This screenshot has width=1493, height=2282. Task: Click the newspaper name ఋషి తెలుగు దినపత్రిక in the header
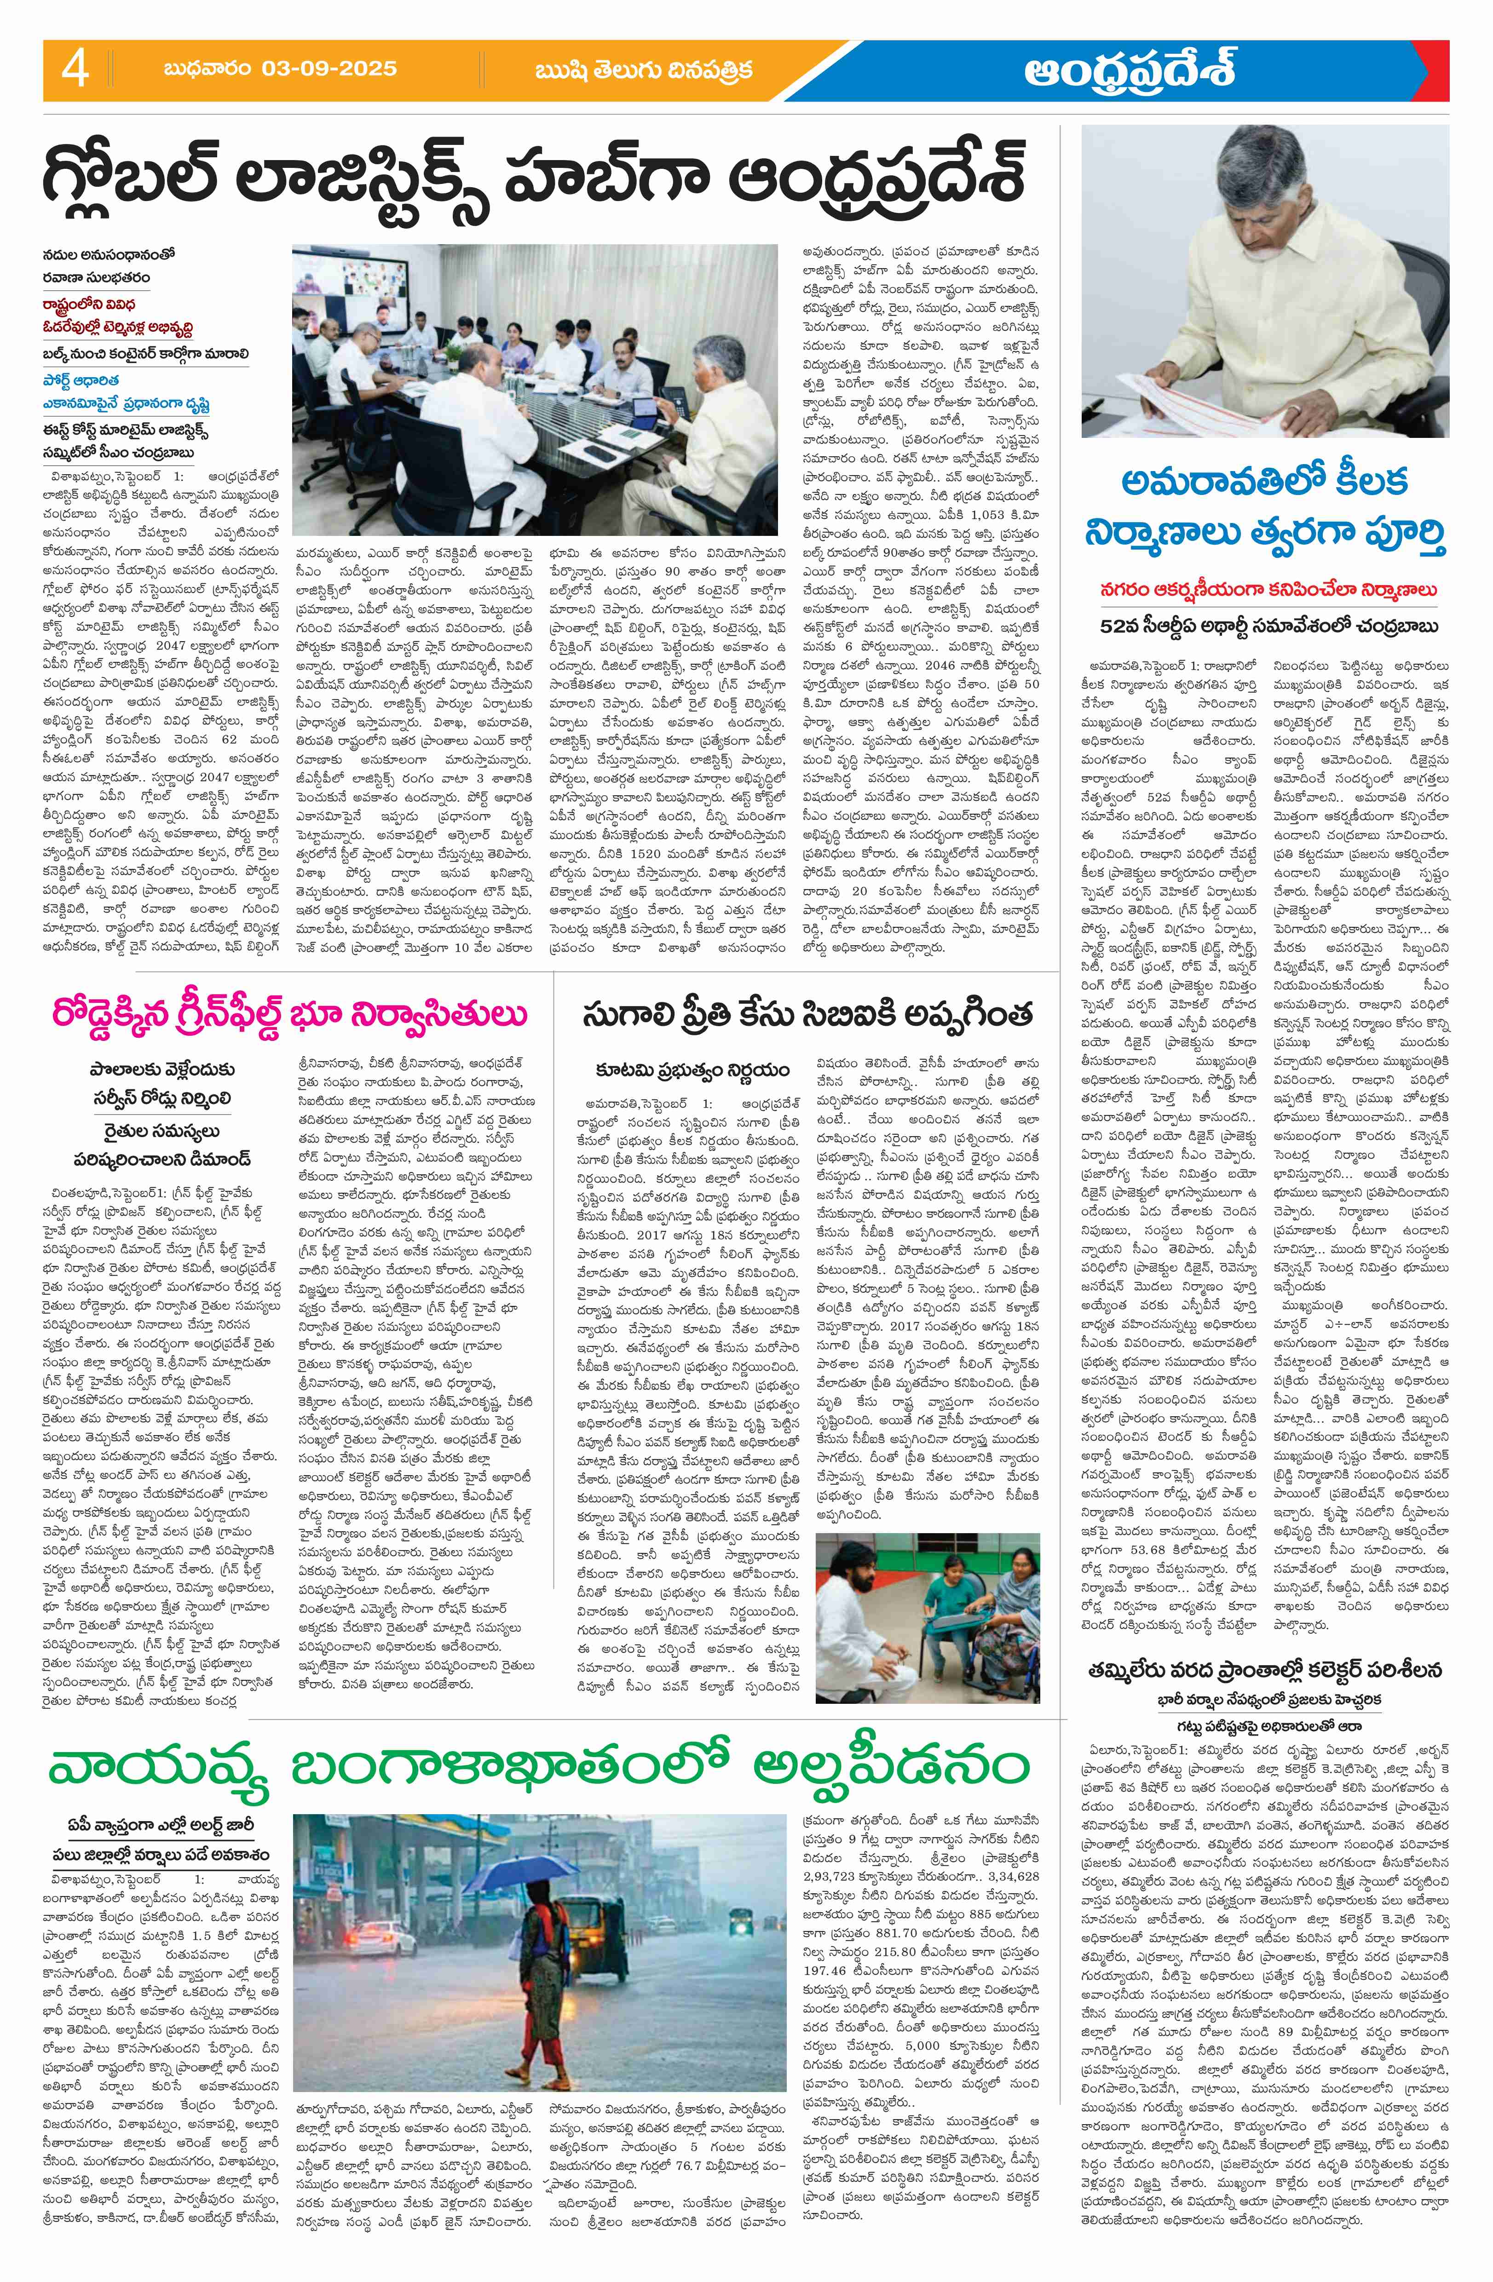point(645,69)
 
